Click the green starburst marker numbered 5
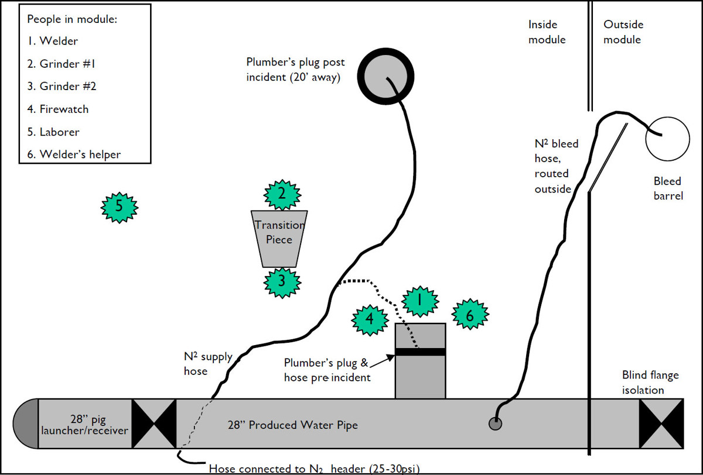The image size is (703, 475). (120, 206)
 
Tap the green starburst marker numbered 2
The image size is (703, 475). (282, 194)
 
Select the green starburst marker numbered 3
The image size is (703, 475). (282, 281)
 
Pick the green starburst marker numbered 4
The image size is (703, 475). (370, 319)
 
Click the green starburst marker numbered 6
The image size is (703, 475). (469, 315)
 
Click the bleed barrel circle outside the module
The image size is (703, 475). (667, 139)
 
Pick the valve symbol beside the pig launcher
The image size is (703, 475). (154, 424)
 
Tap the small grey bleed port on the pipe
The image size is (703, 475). (496, 424)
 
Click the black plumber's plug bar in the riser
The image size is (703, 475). (420, 352)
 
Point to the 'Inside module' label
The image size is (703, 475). (547, 32)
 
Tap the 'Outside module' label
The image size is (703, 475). (623, 32)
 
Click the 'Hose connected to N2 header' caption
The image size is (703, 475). (315, 468)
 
